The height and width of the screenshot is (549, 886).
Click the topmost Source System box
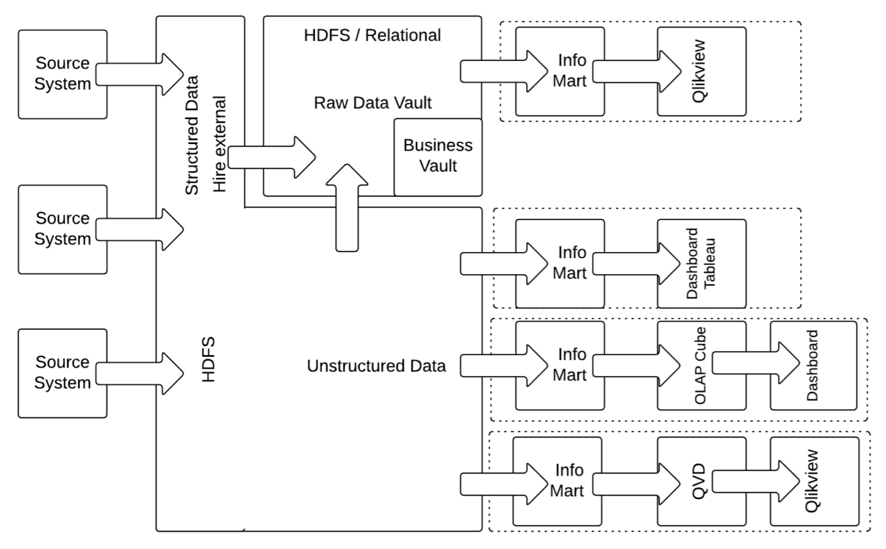[x=62, y=74]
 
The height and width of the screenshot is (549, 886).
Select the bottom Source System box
[x=62, y=373]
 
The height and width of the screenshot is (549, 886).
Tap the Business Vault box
[x=437, y=156]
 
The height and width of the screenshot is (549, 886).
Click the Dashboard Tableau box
[x=702, y=264]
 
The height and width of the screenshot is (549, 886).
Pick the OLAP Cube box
[x=702, y=365]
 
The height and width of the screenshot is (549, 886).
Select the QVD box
[x=702, y=480]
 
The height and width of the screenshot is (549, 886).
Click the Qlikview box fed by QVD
[x=815, y=480]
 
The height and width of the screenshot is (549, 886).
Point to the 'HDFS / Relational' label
[x=372, y=35]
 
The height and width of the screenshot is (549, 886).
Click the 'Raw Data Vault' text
[x=372, y=104]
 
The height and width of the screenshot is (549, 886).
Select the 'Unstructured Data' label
[x=376, y=365]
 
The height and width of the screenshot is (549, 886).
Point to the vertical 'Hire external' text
[x=220, y=142]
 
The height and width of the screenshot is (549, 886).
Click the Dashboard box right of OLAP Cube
[x=815, y=365]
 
